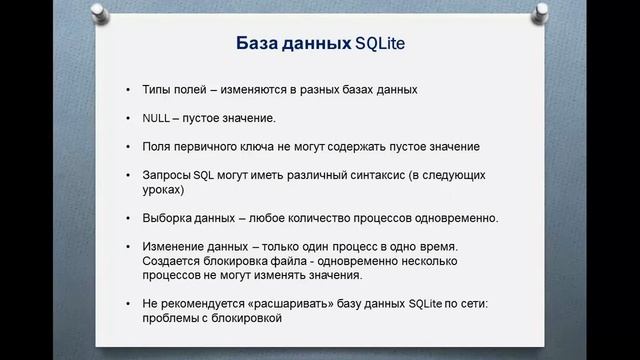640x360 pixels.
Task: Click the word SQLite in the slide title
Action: click(x=385, y=44)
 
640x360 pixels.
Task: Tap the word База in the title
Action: click(x=257, y=44)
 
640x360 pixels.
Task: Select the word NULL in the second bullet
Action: click(x=157, y=118)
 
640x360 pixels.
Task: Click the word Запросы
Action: click(x=167, y=175)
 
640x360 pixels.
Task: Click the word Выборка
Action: click(x=168, y=218)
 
